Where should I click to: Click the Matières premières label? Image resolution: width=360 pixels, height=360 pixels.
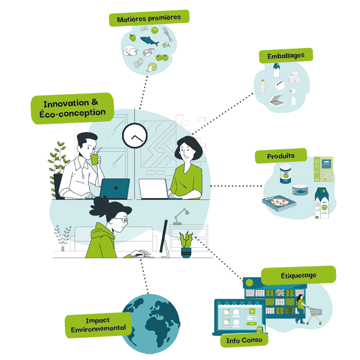coord(149,18)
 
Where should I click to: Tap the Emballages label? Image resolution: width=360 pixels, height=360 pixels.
coord(286,56)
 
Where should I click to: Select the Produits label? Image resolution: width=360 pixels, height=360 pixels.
coord(281,156)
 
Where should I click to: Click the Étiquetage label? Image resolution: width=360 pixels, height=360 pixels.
coord(298,275)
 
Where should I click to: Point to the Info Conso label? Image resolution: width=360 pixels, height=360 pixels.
coord(244,340)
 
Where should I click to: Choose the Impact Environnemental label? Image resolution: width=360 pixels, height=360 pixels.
coord(98,325)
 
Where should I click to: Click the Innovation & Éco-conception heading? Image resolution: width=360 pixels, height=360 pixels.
coord(73,108)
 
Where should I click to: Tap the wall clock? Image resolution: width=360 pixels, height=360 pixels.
coord(135,136)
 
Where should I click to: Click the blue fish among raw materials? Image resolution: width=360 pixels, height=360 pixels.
coord(149,41)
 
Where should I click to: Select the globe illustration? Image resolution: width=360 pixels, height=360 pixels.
coord(151,324)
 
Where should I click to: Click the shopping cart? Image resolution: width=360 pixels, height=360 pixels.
coord(314,314)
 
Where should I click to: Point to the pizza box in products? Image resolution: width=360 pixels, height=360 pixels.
coord(279,203)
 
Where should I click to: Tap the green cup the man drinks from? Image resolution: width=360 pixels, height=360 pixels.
coord(94,160)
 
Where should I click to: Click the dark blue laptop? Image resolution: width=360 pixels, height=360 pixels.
coord(115,188)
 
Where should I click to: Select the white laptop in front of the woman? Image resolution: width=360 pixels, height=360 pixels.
coord(154,189)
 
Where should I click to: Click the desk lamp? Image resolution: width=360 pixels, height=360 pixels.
coord(181,217)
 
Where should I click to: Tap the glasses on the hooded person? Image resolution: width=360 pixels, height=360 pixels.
coord(122,220)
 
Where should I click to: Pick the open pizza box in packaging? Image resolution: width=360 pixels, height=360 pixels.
coord(276,101)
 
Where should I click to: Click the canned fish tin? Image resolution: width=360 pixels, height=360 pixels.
coord(300,190)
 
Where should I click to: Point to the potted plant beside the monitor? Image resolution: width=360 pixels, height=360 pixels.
coord(186,245)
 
